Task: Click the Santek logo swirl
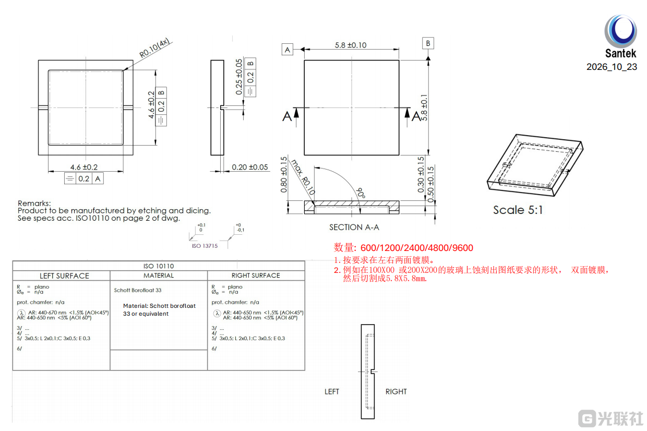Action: [x=620, y=31]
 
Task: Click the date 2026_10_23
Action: [x=612, y=67]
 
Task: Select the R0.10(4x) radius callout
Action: [x=154, y=48]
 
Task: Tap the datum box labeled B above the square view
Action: [x=428, y=43]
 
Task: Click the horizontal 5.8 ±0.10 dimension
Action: [x=351, y=45]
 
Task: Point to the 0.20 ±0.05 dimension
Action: [x=250, y=167]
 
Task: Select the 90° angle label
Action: [x=361, y=193]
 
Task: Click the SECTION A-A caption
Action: [x=354, y=228]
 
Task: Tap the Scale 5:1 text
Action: [x=518, y=210]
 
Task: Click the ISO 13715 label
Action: [x=205, y=246]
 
